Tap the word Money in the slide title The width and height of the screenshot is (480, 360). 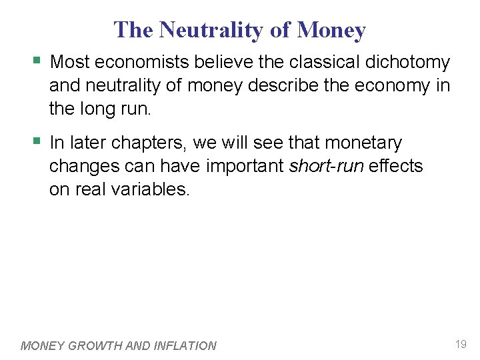click(331, 30)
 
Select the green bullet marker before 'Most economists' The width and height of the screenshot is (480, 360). click(37, 62)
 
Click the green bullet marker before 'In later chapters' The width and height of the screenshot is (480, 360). click(37, 143)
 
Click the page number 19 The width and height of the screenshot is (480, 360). click(461, 345)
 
